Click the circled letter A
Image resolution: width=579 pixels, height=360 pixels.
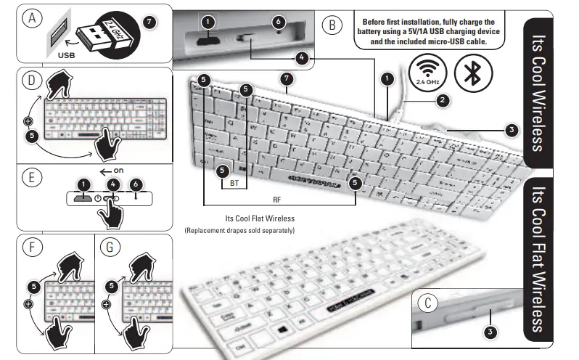click(31, 18)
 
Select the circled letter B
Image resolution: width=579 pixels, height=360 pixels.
click(332, 25)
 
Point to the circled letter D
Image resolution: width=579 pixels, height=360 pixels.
click(30, 81)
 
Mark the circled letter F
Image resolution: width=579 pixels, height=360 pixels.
click(30, 247)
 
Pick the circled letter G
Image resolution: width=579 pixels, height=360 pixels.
click(110, 247)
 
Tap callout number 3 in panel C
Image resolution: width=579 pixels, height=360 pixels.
click(491, 332)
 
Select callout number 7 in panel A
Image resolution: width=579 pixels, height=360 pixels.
click(150, 21)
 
